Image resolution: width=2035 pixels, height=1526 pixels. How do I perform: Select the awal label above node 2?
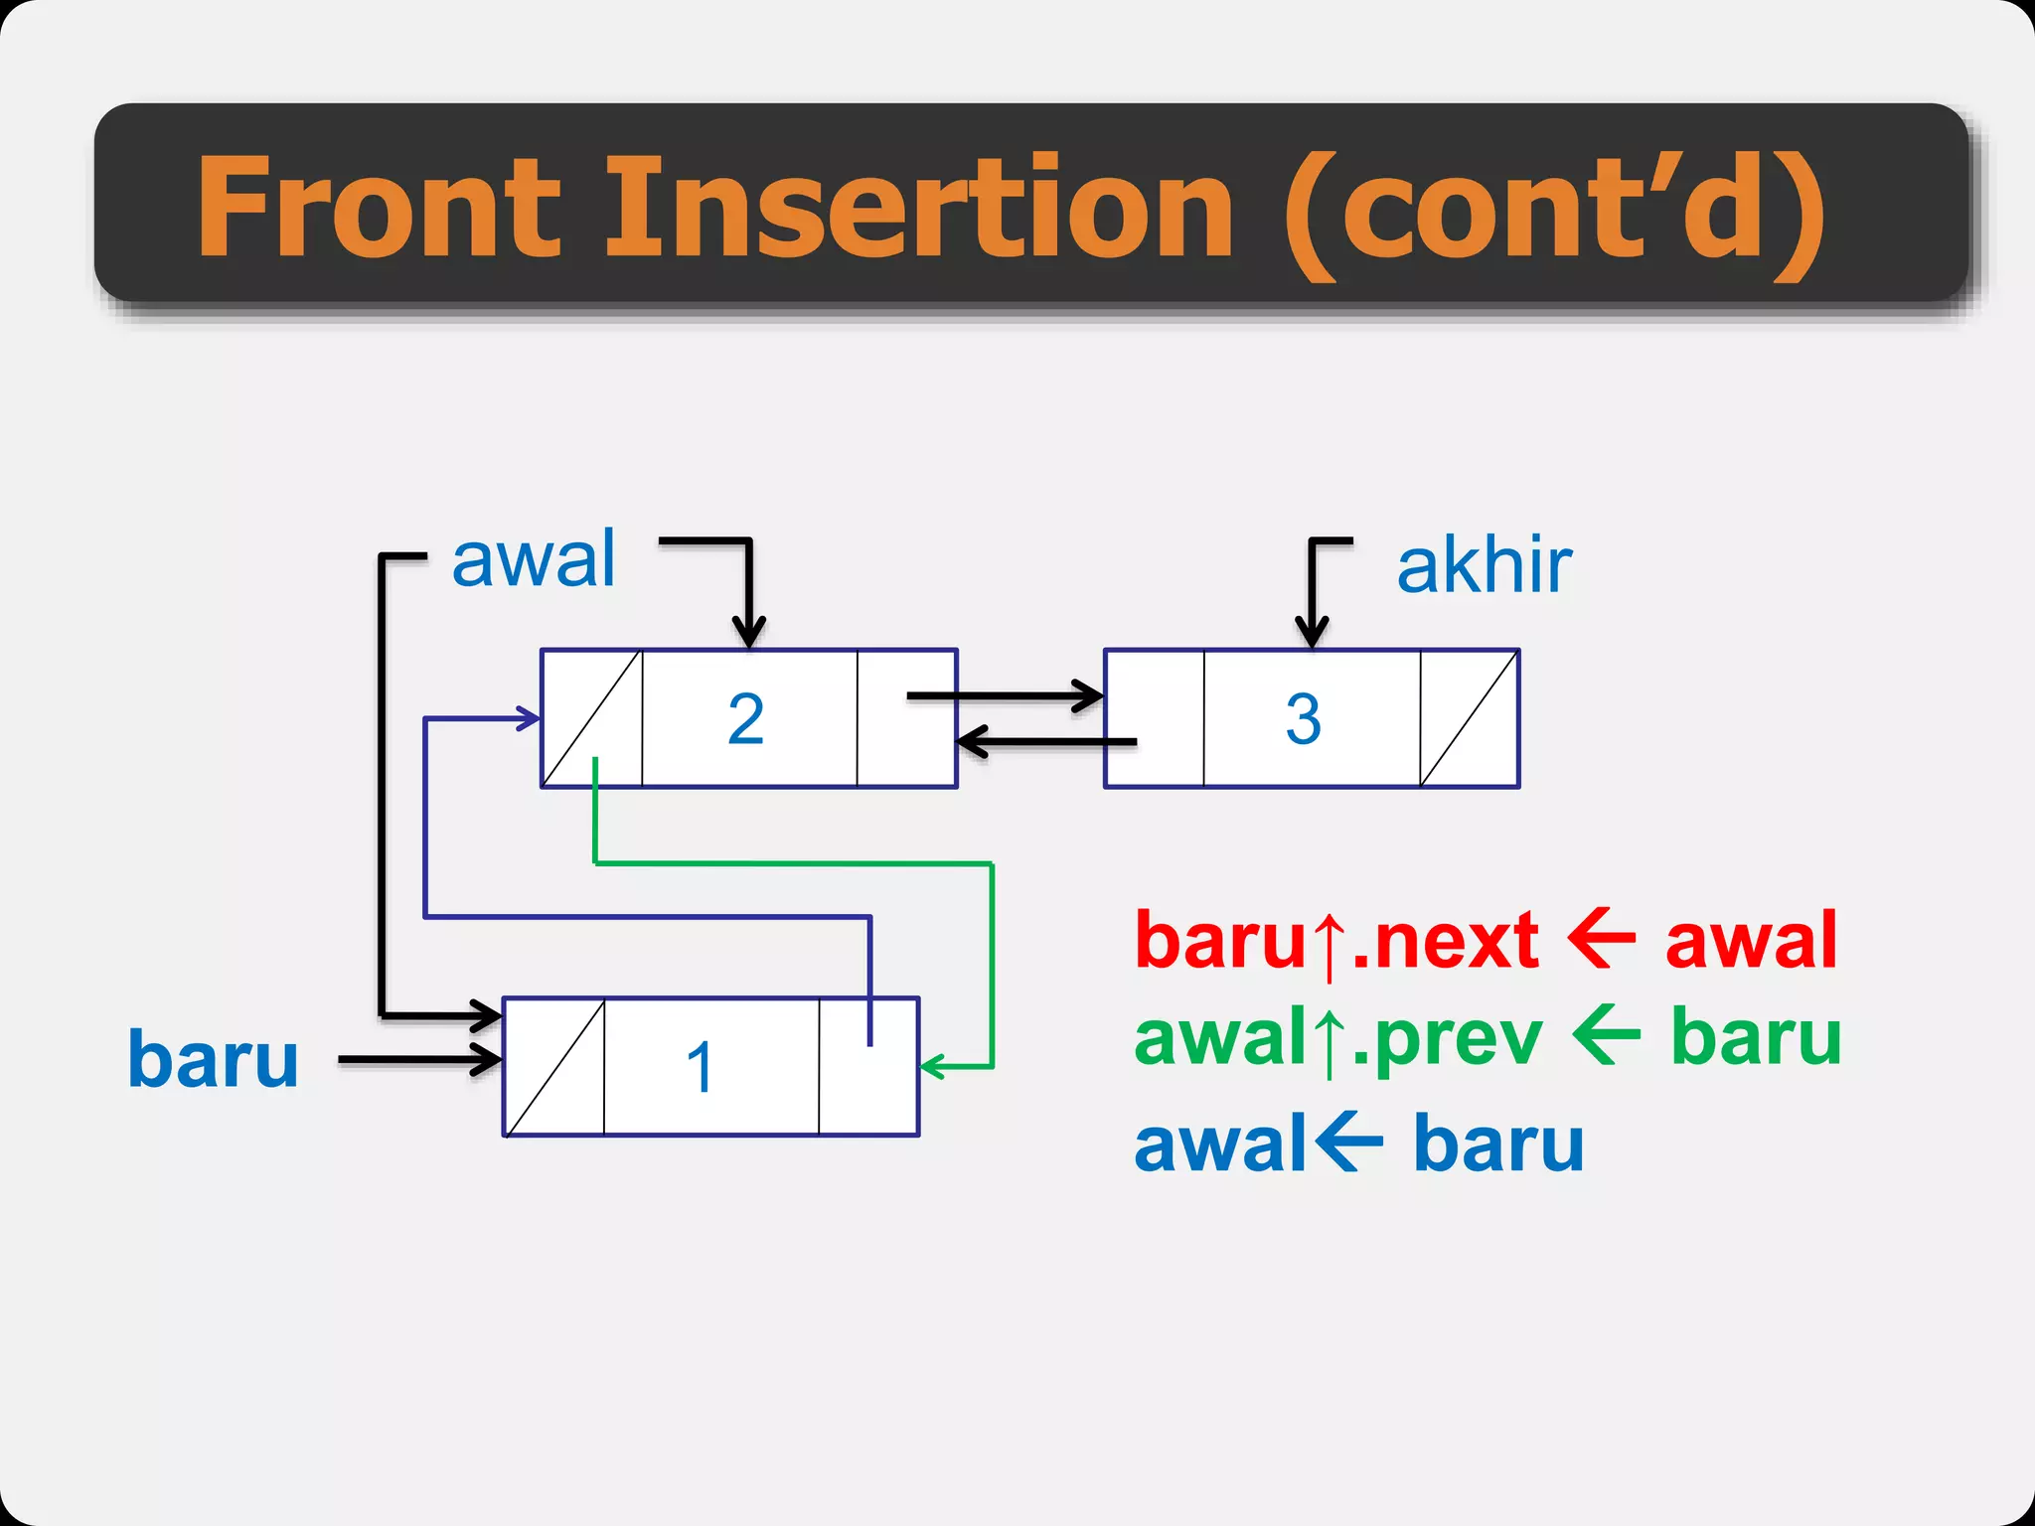[534, 560]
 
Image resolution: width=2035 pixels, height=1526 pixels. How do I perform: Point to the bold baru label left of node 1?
[213, 1059]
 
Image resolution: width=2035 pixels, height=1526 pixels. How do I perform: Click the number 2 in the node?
[746, 719]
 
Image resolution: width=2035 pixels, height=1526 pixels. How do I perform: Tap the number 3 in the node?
[1303, 719]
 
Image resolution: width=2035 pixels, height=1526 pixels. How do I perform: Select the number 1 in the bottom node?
[701, 1068]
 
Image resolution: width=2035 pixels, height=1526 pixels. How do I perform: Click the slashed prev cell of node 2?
[592, 717]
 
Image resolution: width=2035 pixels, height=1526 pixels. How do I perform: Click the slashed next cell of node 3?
[1469, 717]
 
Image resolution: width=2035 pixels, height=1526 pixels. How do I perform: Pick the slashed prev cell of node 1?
[554, 1066]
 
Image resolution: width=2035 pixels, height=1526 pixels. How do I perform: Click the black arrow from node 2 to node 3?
[1004, 695]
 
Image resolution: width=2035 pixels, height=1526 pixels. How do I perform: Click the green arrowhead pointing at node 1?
[932, 1067]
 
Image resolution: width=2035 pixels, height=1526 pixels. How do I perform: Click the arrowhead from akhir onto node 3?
[1312, 632]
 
